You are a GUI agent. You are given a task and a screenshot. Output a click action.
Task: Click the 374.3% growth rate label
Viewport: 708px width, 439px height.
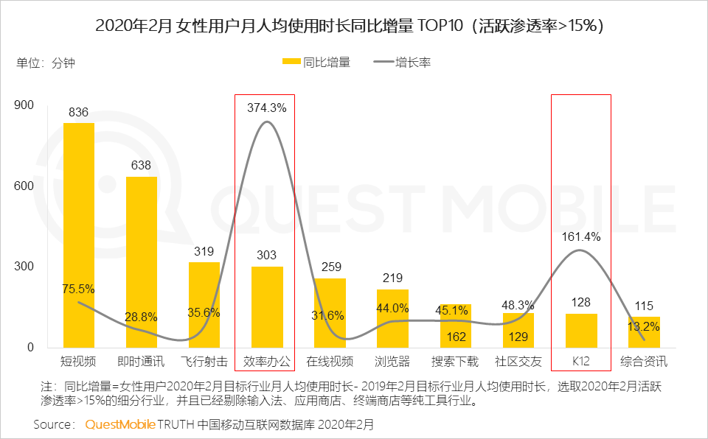point(266,108)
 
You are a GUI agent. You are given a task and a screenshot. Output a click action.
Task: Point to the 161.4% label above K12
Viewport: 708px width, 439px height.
point(580,237)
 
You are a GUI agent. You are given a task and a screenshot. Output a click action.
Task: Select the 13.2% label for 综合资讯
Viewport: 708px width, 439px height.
point(644,327)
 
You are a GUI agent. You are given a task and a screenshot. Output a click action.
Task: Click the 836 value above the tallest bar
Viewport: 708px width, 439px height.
point(78,113)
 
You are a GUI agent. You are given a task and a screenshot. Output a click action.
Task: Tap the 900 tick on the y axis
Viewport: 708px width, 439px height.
point(25,105)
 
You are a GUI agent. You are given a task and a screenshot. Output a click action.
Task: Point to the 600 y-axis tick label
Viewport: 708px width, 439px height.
point(25,186)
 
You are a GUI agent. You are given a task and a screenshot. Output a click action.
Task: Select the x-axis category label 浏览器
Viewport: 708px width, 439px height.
point(392,362)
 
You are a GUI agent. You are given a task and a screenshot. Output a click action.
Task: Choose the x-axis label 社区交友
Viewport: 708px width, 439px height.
point(518,362)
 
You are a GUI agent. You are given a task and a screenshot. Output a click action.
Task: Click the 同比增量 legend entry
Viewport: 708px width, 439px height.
point(317,63)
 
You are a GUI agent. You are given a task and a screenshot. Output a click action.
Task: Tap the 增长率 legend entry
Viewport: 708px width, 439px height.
point(403,63)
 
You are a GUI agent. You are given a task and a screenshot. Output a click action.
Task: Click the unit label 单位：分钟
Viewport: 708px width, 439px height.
point(46,63)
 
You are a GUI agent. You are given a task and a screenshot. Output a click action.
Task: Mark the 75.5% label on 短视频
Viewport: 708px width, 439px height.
point(78,289)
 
